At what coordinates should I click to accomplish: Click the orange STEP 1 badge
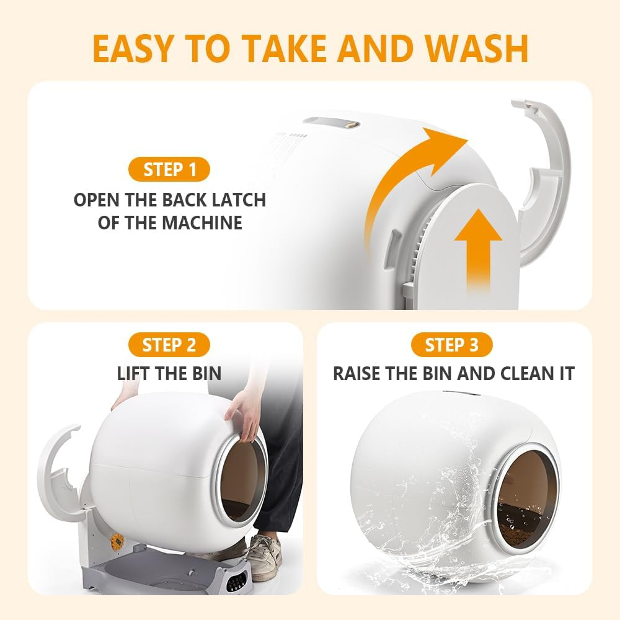tap(169, 170)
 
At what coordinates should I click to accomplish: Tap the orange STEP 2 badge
tap(169, 345)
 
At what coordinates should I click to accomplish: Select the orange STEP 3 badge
tap(451, 345)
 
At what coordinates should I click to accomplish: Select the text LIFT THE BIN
tap(169, 373)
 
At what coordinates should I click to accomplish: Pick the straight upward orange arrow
tap(477, 248)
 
